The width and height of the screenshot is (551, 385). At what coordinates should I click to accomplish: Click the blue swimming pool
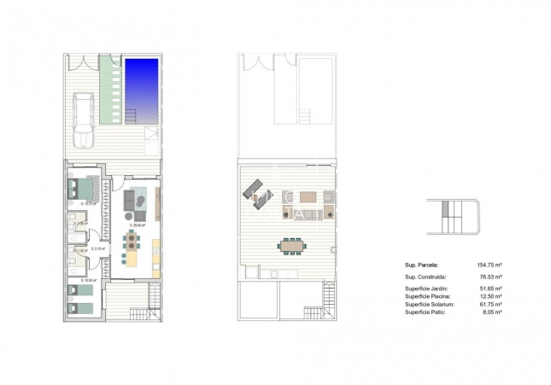[x=142, y=90]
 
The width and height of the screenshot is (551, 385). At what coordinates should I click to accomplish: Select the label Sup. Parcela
[x=421, y=265]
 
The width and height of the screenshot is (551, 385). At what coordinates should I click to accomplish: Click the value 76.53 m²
[x=489, y=277]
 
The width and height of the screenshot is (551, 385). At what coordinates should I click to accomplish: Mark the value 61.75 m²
[x=489, y=305]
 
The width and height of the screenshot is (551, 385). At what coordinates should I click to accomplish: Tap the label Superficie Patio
[x=424, y=312]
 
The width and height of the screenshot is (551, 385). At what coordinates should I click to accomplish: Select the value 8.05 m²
[x=490, y=312]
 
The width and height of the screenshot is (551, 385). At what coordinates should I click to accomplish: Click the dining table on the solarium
[x=290, y=247]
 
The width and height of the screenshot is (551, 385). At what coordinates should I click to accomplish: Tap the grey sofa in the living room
[x=130, y=200]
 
